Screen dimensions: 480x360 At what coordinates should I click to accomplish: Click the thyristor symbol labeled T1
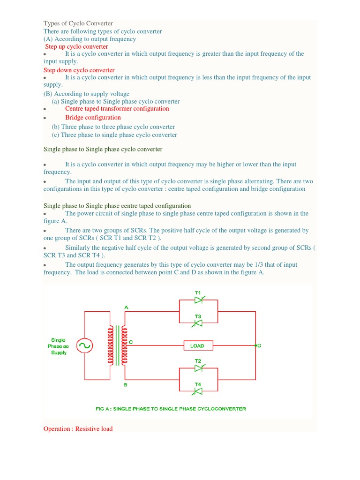pos(198,300)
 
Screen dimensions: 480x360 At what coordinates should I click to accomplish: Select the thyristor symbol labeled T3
pos(198,323)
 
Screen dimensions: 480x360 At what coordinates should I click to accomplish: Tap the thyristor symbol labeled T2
pos(198,368)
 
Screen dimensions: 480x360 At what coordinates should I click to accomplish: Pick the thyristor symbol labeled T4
pos(198,390)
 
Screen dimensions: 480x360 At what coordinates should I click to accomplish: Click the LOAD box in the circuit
pos(197,345)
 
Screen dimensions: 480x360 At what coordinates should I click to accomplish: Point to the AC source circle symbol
pos(84,346)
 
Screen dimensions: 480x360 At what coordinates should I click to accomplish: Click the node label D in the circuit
pos(259,345)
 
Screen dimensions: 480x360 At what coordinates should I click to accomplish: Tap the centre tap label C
pos(131,342)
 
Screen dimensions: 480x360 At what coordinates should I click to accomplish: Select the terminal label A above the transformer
pos(126,307)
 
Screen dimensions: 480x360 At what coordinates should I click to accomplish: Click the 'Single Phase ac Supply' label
pos(59,346)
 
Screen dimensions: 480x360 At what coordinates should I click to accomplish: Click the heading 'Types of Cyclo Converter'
pos(78,23)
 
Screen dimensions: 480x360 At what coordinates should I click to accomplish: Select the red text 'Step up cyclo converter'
pos(76,46)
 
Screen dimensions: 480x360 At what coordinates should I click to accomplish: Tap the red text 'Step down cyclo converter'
pos(79,70)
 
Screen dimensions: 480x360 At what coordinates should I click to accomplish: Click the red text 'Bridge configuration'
pos(93,118)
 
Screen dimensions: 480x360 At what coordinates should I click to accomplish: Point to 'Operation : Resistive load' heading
pos(78,429)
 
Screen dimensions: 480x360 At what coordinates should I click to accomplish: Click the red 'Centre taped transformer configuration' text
pos(117,109)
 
